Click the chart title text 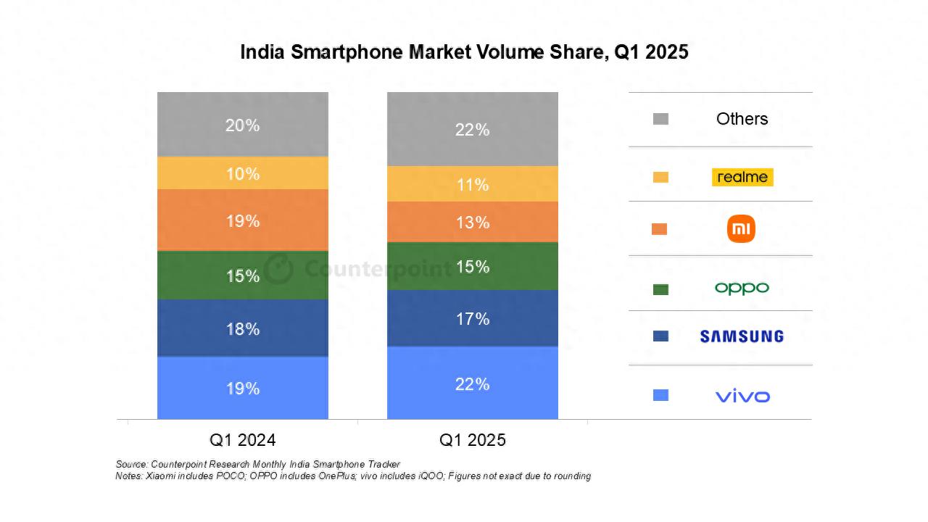tap(464, 52)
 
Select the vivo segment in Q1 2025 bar tap(472, 383)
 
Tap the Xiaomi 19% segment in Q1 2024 tap(242, 220)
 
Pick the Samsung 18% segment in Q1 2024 tap(242, 328)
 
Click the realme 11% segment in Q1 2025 tap(472, 184)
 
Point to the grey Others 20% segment tap(242, 125)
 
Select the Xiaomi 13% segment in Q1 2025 tap(472, 222)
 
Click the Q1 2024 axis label tap(242, 440)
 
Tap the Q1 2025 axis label tap(472, 440)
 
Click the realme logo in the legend tap(742, 177)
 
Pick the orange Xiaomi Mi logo tap(741, 229)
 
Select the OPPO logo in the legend tap(742, 288)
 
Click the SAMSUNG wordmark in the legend tap(742, 336)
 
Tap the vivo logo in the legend tap(742, 396)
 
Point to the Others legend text tap(742, 119)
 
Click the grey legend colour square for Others tap(660, 119)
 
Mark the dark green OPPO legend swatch tap(660, 289)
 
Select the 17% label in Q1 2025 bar tap(472, 319)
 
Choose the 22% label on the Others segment tap(472, 130)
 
